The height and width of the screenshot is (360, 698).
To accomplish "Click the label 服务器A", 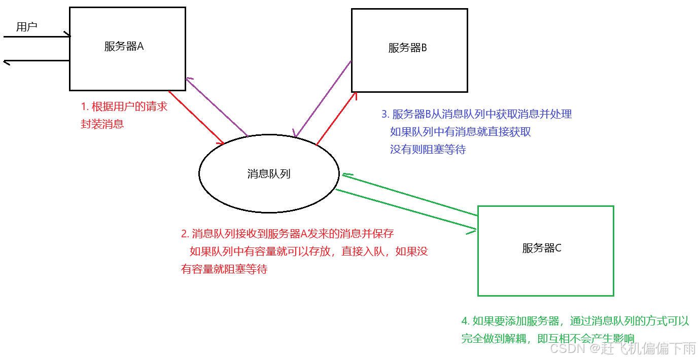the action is click(124, 47).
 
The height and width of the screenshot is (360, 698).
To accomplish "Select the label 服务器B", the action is click(407, 48).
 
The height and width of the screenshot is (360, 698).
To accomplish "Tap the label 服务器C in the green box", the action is click(542, 248).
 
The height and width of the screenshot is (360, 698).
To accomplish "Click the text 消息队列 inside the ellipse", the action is click(269, 174).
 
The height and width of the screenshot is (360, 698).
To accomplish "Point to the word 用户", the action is click(26, 27).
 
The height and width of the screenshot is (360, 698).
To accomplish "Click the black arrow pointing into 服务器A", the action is click(36, 37).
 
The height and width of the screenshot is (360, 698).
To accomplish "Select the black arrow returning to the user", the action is click(36, 61).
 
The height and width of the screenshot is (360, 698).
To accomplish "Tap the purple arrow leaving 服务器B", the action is click(323, 98).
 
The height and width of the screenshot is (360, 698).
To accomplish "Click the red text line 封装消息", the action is click(102, 124).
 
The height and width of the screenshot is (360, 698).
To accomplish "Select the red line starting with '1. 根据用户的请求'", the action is click(124, 106).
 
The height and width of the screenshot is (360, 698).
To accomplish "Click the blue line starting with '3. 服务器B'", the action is click(476, 114).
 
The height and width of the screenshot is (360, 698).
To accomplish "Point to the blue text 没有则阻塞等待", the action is click(428, 150).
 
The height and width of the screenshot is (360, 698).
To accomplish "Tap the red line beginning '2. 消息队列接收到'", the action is click(287, 234).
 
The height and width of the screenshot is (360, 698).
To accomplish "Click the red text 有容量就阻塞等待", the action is click(224, 269).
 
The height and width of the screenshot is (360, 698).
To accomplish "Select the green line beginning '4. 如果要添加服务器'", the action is click(575, 321).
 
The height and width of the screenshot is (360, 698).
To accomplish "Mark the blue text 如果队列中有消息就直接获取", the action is click(460, 132).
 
